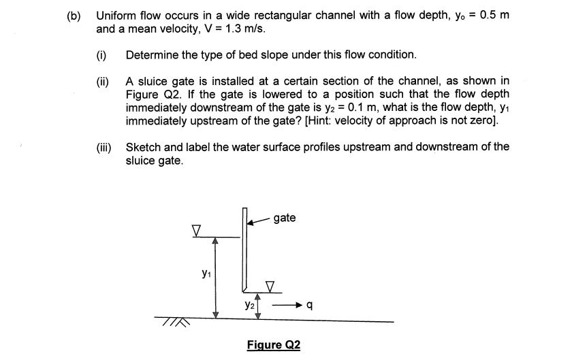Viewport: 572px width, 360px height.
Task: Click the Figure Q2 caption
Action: (x=273, y=344)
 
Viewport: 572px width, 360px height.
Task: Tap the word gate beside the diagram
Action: (x=285, y=218)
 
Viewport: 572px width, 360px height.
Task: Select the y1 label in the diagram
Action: (x=206, y=273)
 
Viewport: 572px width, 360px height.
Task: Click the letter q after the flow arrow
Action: (x=310, y=306)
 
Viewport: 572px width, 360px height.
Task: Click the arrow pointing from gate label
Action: (x=257, y=220)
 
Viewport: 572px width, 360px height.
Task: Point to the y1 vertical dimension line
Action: (x=215, y=278)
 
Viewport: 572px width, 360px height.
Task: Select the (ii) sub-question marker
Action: (x=102, y=81)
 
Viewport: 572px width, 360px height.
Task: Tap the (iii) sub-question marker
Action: (x=104, y=147)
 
